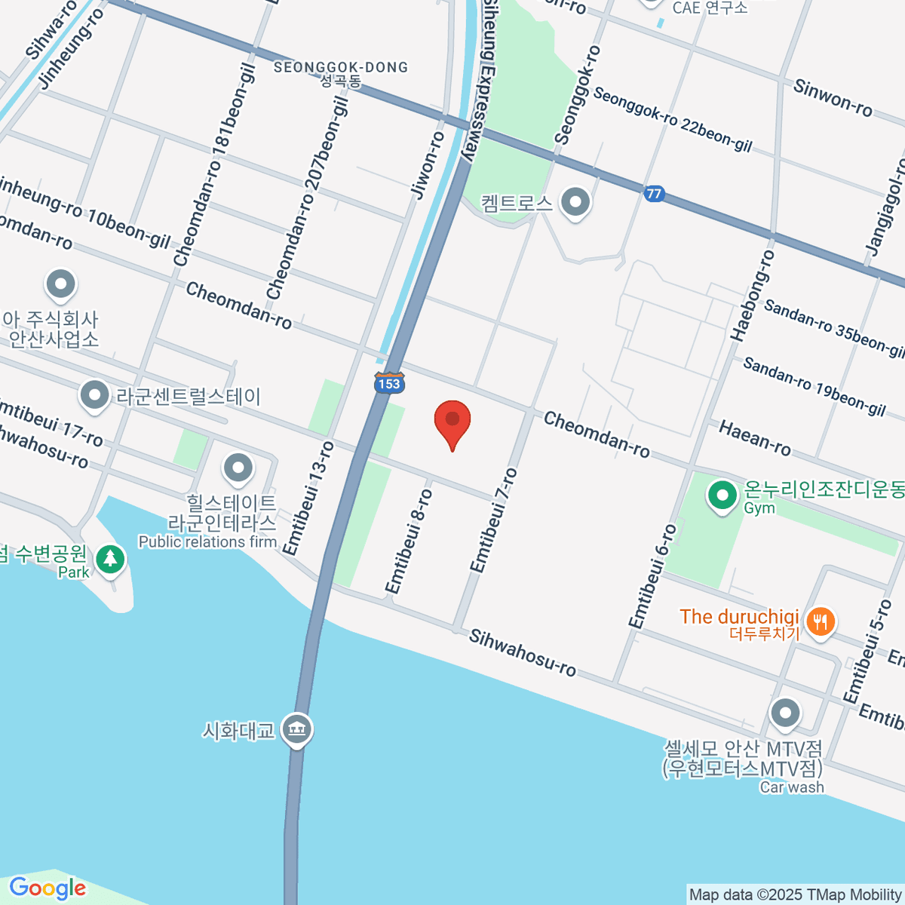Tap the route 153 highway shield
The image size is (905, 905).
(389, 382)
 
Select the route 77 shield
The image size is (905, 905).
(654, 194)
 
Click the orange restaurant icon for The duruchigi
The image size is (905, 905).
(819, 622)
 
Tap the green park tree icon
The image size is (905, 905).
(111, 559)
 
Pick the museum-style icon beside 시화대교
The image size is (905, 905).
(296, 729)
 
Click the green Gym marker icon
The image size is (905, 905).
(722, 496)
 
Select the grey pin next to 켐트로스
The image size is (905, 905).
(577, 202)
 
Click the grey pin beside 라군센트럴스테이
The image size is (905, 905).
(94, 394)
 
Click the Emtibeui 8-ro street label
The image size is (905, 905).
(409, 541)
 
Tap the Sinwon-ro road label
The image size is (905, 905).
(833, 98)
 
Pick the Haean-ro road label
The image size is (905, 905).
(755, 438)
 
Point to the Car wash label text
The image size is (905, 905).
(792, 787)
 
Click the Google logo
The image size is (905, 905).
(48, 888)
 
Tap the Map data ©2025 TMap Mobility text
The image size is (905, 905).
(795, 895)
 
